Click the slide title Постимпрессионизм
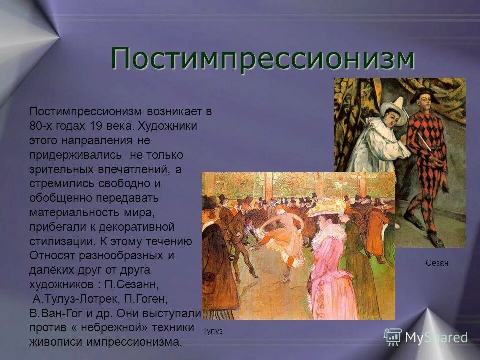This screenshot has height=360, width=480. coord(262,59)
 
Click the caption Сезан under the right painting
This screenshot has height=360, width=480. coord(437,263)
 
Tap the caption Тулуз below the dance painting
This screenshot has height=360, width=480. coord(213,331)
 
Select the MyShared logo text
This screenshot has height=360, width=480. coord(436,338)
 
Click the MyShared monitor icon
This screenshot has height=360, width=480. coord(393,337)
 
